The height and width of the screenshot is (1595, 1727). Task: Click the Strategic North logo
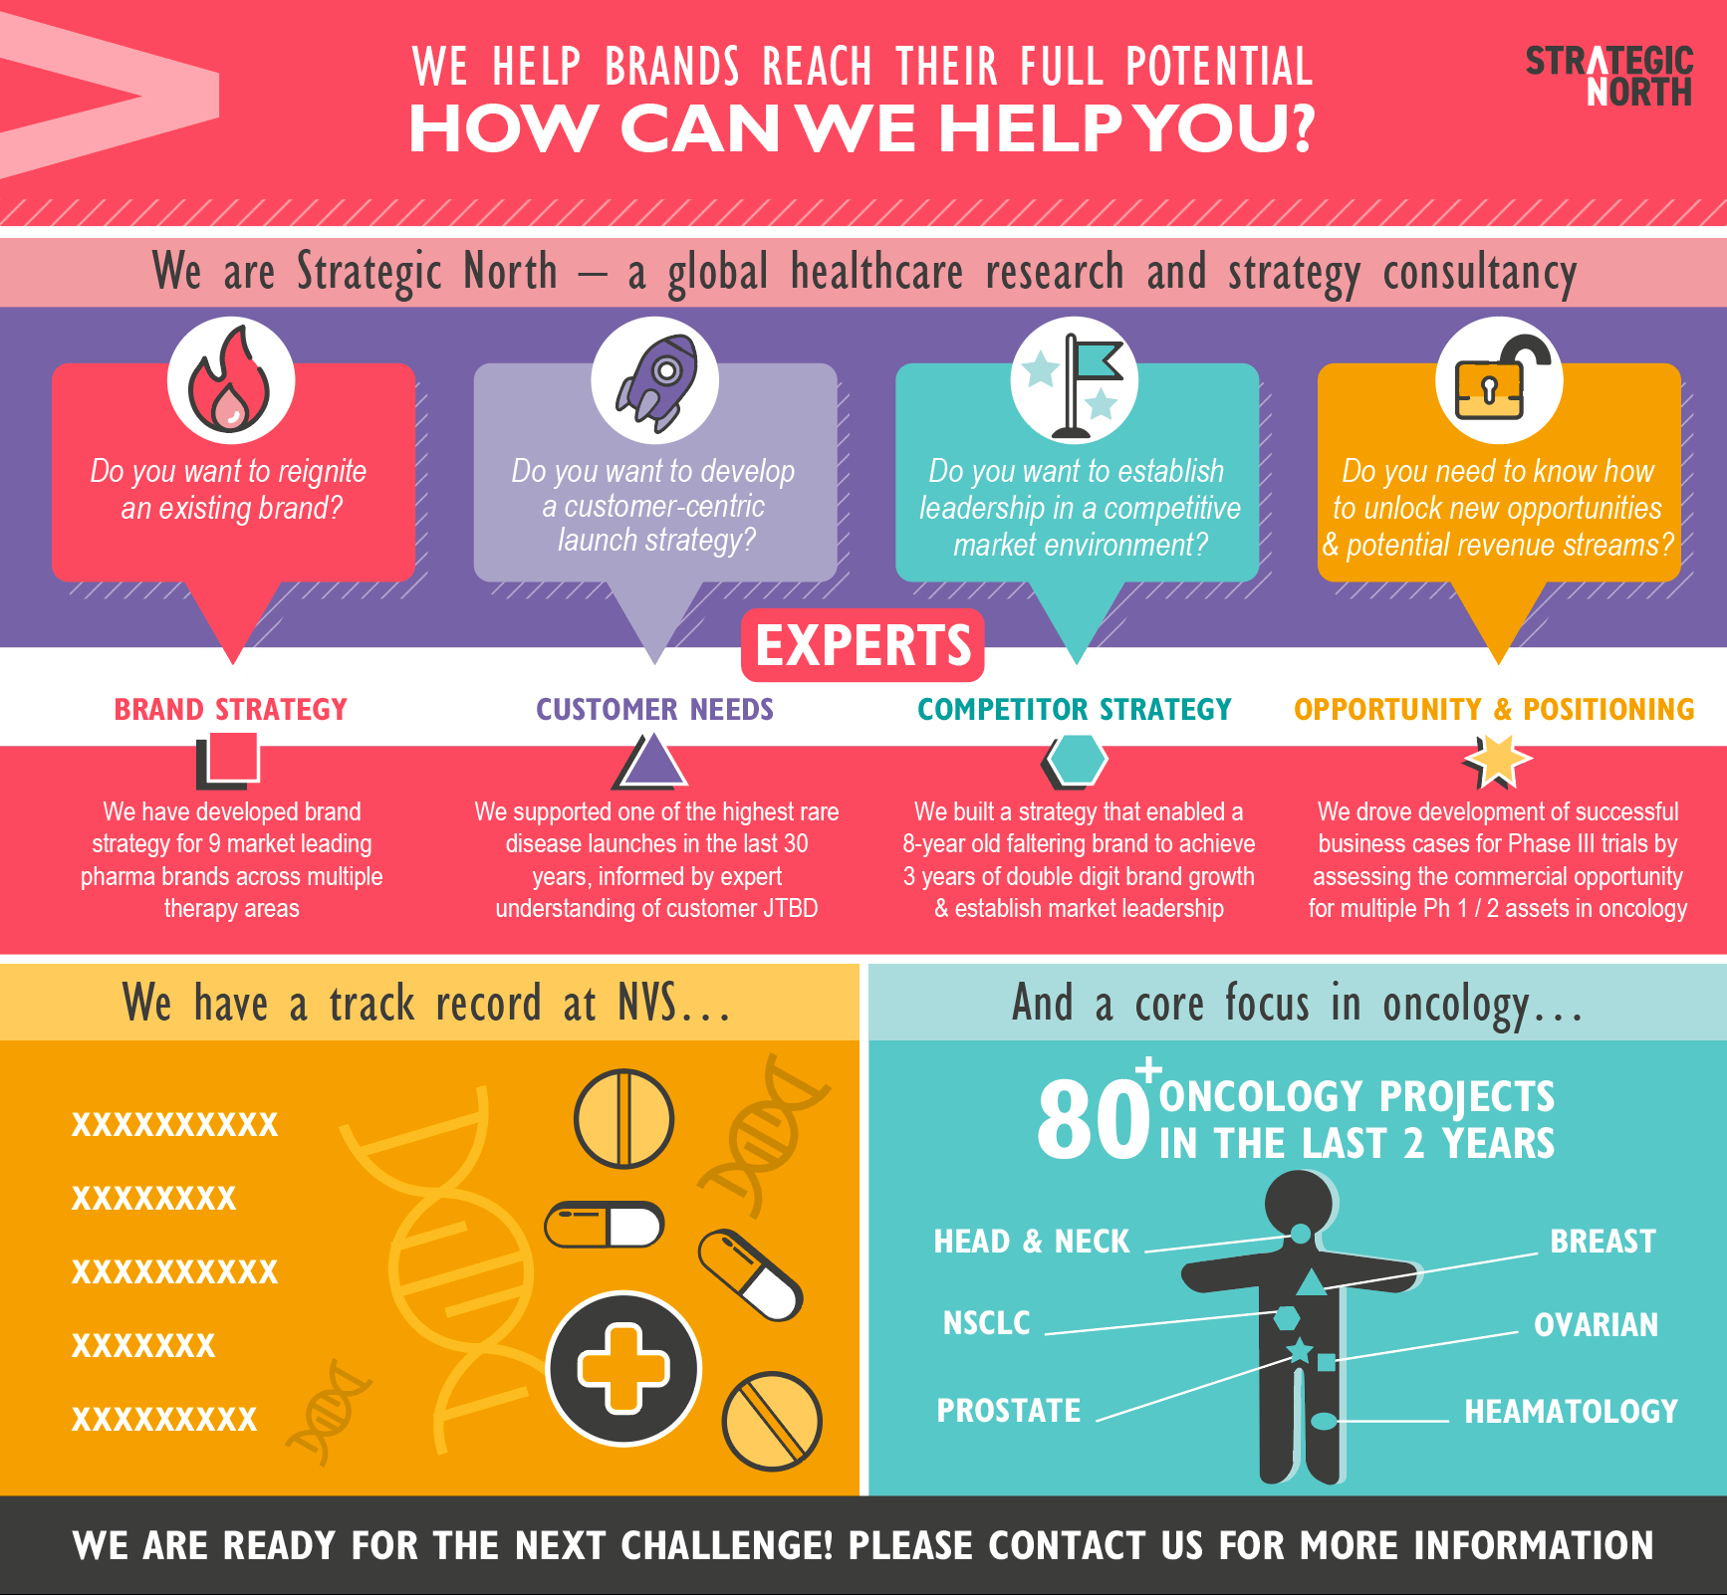1608,76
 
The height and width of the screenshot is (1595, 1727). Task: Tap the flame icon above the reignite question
231,381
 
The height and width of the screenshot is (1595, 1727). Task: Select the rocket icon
654,381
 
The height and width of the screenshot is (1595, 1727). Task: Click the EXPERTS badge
863,645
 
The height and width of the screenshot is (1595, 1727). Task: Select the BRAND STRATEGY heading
230,709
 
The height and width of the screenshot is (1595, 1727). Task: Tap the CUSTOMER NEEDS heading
654,709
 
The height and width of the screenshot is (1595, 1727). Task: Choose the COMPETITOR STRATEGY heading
1074,709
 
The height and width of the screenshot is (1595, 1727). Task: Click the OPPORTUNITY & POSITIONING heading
1494,709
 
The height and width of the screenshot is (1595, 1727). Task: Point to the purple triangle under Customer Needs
652,761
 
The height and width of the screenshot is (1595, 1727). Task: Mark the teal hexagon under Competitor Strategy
1077,760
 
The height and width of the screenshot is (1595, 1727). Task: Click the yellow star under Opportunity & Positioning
1497,761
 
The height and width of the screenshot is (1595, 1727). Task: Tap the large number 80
1093,1120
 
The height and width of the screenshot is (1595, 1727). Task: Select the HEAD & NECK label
1031,1242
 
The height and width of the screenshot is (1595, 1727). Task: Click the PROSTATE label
1008,1411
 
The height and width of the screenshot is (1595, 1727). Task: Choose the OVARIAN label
1596,1325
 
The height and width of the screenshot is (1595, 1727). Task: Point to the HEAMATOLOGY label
1571,1412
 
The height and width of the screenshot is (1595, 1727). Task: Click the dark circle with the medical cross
624,1368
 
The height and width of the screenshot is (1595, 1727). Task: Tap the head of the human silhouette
1300,1203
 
